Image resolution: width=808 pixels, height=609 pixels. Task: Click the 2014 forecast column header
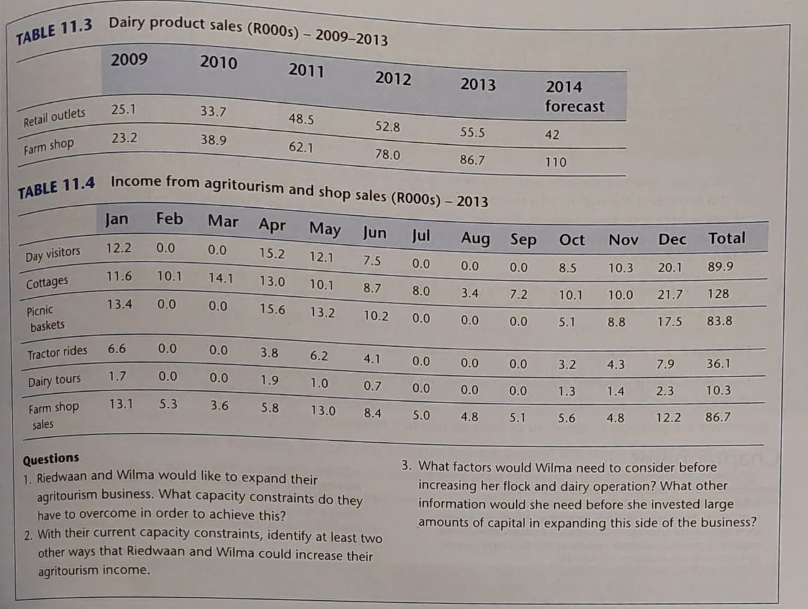[x=574, y=96]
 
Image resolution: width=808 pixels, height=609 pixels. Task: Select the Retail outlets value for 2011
[x=301, y=119]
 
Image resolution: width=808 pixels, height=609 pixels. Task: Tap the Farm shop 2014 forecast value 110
[x=555, y=162]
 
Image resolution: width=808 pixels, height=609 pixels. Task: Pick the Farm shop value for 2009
[x=124, y=138]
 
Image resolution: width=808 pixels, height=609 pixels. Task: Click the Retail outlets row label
[x=54, y=117]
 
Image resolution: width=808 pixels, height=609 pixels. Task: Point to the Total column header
[x=726, y=238]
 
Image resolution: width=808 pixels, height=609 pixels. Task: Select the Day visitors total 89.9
[x=720, y=267]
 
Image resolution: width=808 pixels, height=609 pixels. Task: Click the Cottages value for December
[x=670, y=294]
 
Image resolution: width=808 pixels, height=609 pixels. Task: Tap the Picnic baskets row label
[x=44, y=318]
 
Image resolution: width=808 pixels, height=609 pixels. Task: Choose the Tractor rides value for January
[x=117, y=349]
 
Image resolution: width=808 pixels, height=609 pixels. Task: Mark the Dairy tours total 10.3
[x=718, y=390]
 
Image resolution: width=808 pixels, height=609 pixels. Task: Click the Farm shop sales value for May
[x=323, y=411]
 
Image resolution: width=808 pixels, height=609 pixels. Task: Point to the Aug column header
[x=475, y=238]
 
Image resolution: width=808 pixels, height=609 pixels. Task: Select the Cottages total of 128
[x=718, y=294]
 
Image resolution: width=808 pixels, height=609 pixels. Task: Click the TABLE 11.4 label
[x=57, y=188]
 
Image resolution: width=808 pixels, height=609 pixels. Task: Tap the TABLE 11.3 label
[x=54, y=32]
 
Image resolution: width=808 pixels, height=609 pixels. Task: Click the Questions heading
[x=51, y=458]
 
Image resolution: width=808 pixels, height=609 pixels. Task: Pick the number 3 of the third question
[x=407, y=466]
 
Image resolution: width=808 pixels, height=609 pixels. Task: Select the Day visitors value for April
[x=271, y=253]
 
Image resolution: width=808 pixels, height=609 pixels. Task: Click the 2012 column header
[x=393, y=78]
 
